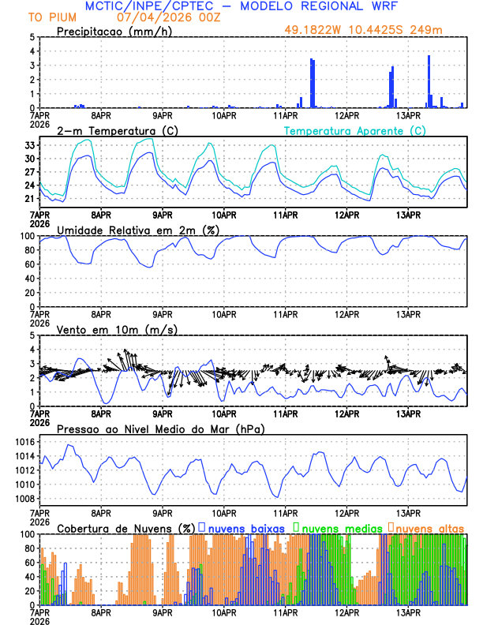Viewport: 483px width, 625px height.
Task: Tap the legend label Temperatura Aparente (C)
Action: [x=354, y=130]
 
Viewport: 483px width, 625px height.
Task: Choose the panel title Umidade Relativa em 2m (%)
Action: [x=138, y=230]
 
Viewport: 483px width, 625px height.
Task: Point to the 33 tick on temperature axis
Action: [x=29, y=146]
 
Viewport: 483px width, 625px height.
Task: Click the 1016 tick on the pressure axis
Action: [x=24, y=442]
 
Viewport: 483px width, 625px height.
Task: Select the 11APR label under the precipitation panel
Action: [x=285, y=115]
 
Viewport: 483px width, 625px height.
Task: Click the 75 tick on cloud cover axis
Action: [x=29, y=552]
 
